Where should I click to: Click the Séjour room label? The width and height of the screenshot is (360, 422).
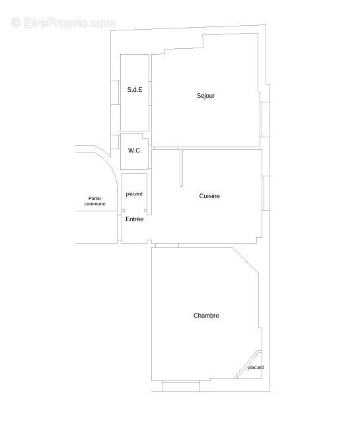click(x=205, y=96)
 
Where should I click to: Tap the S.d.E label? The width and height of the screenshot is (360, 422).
click(x=135, y=89)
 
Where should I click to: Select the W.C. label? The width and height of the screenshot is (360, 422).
click(x=135, y=151)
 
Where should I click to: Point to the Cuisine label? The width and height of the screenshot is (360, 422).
click(x=209, y=196)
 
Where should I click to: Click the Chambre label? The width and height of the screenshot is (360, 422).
click(x=206, y=316)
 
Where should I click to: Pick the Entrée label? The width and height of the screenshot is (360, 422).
click(x=134, y=219)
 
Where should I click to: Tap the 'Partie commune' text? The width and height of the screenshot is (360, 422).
click(x=94, y=201)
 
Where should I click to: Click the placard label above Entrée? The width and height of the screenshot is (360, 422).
click(x=134, y=193)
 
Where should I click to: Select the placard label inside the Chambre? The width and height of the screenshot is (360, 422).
click(x=256, y=368)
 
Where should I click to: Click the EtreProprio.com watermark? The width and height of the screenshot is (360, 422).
click(x=63, y=22)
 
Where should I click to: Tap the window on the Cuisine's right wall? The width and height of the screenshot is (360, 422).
click(x=265, y=193)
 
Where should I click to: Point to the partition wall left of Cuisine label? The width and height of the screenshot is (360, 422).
click(x=180, y=168)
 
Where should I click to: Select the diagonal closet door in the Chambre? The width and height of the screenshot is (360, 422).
click(x=248, y=364)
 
